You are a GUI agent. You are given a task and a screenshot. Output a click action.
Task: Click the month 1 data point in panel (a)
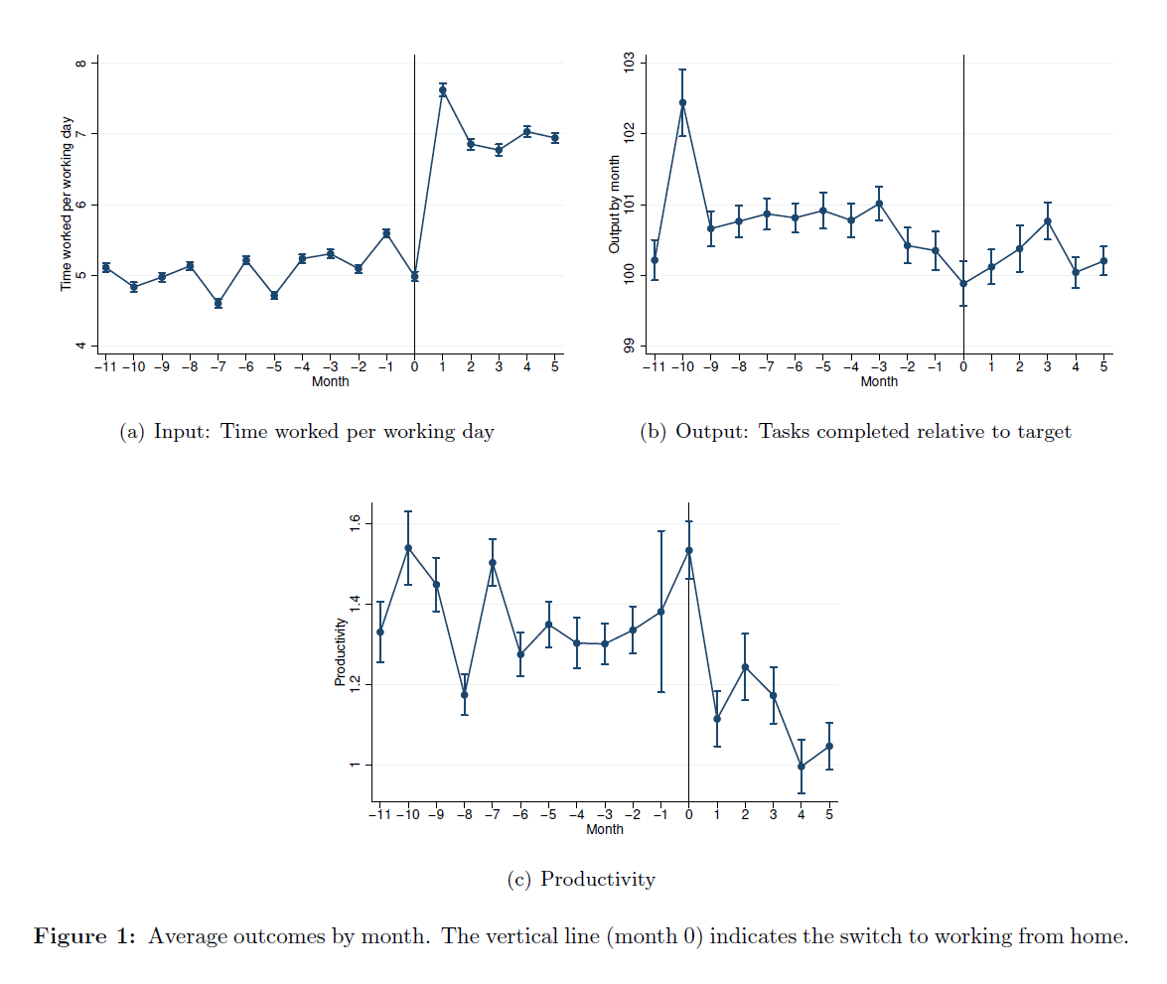(x=443, y=90)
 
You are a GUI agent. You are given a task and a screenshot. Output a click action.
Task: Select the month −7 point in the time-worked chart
(x=219, y=303)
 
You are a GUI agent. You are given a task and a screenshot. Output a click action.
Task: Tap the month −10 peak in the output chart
(x=682, y=102)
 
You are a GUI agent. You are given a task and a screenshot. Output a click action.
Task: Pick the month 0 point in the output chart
(x=963, y=283)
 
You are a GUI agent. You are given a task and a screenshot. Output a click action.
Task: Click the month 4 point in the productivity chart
(x=801, y=767)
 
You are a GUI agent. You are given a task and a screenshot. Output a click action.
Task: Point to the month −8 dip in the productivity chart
(x=464, y=694)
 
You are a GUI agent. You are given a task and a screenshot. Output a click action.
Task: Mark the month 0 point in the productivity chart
(x=688, y=550)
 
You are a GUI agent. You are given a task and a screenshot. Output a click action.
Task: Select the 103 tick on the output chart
(x=628, y=63)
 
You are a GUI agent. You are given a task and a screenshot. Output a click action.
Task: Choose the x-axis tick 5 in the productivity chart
(x=829, y=815)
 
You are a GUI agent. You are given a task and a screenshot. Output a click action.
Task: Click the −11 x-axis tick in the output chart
(x=653, y=367)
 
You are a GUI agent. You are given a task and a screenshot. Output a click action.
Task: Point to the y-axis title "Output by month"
(x=615, y=204)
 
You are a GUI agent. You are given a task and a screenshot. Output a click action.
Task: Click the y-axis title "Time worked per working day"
(x=67, y=204)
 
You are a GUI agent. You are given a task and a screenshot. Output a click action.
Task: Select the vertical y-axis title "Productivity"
(x=341, y=651)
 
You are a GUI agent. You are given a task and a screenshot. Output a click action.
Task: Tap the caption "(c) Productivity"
(x=581, y=880)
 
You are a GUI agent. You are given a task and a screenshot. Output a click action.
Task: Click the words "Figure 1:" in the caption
(x=84, y=936)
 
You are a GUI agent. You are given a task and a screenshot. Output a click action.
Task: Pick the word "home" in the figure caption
(x=1099, y=936)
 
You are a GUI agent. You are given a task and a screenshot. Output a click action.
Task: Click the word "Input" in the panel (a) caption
(x=181, y=432)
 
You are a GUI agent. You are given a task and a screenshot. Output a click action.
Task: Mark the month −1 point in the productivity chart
(x=660, y=611)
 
